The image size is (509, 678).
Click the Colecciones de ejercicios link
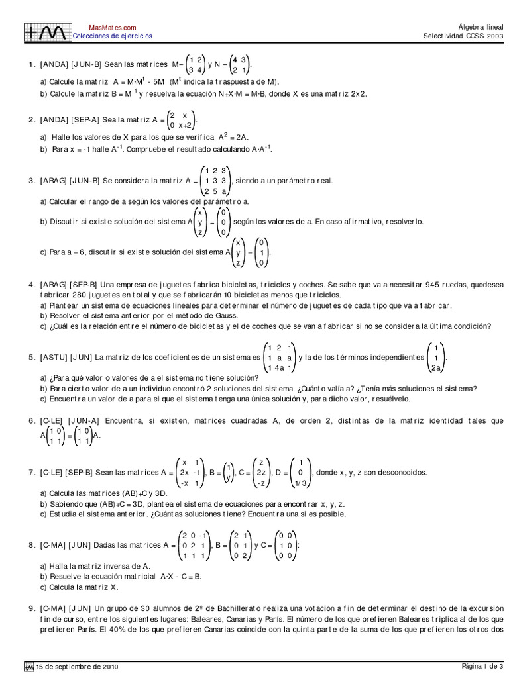click(112, 36)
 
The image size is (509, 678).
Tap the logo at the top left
click(46, 31)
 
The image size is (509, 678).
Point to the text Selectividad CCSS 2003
click(463, 36)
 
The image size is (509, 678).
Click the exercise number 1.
click(30, 65)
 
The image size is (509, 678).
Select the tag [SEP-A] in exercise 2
click(85, 120)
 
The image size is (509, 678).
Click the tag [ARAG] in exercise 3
click(53, 181)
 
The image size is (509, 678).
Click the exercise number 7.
click(30, 473)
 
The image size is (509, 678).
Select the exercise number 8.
click(30, 545)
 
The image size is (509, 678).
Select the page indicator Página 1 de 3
click(482, 666)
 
